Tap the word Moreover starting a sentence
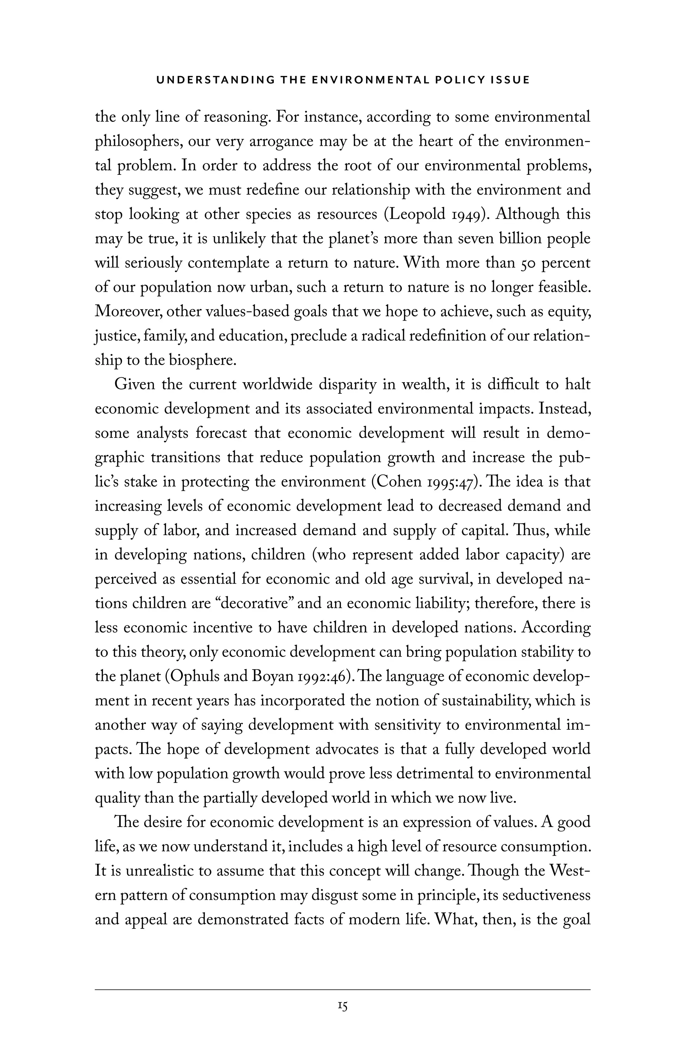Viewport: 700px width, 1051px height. [128, 312]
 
